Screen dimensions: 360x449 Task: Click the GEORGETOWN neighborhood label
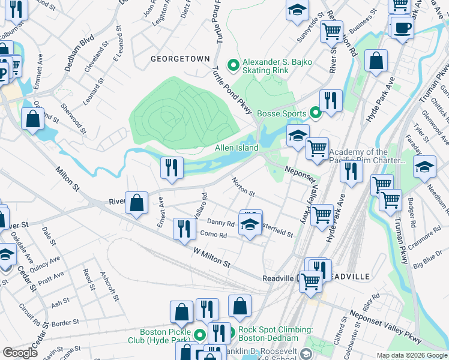point(180,59)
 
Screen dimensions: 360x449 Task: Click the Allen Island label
point(237,148)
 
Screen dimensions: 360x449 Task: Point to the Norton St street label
point(244,187)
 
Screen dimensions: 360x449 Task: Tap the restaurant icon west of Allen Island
point(172,167)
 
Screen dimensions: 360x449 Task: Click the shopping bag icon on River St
point(137,203)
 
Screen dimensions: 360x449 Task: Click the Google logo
point(20,353)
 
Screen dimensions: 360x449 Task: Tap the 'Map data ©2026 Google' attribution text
point(411,355)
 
